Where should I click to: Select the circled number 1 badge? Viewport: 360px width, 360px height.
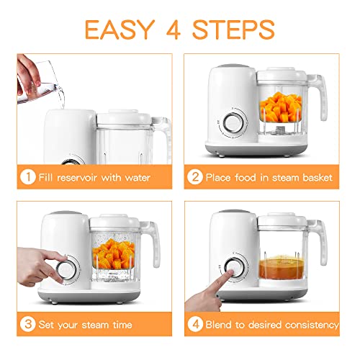(x=26, y=176)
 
